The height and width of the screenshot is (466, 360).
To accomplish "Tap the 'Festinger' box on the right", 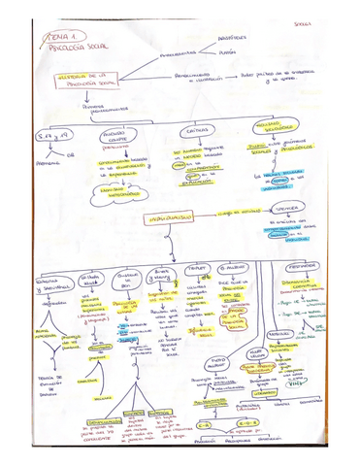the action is [319, 264].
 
